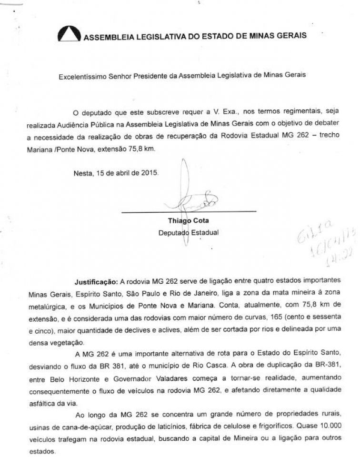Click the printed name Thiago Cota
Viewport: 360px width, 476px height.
pos(188,221)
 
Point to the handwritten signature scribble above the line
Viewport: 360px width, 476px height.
pos(195,200)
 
